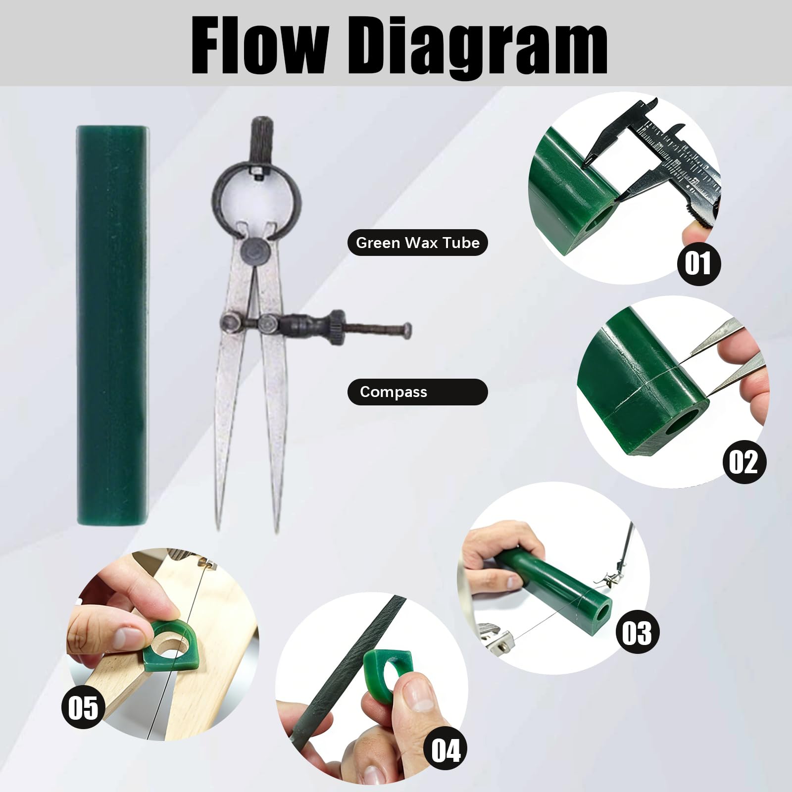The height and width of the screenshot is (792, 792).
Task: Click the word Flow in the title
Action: click(259, 45)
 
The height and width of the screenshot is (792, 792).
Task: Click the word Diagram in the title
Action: click(479, 48)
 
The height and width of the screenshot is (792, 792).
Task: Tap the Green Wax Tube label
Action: click(418, 243)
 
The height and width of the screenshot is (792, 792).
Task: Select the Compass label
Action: click(418, 392)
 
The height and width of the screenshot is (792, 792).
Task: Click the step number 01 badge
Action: click(698, 263)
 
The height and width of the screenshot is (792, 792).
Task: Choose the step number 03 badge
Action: click(637, 632)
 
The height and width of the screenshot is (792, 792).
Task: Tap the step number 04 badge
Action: click(446, 750)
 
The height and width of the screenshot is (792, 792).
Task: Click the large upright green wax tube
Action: click(112, 325)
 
